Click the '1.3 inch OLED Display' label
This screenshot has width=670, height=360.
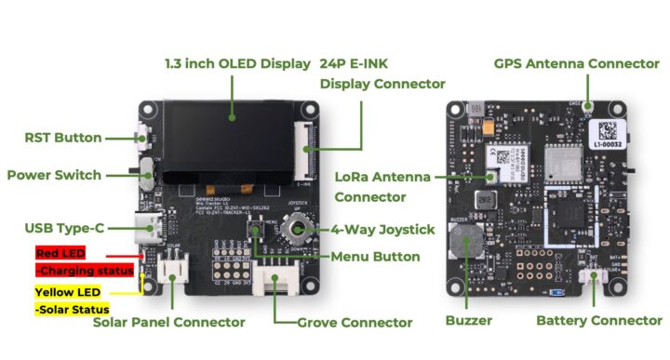coord(236,64)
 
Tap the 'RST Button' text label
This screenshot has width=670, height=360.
coord(63,138)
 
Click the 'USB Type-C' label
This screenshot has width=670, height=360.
coord(64,228)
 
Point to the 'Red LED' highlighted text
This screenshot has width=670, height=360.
coord(60,253)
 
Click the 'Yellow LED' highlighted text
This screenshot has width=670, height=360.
coord(67,290)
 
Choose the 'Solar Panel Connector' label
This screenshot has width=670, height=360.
coord(169,322)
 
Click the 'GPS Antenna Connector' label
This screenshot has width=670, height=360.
coord(577,64)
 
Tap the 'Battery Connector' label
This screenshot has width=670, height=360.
coord(599,320)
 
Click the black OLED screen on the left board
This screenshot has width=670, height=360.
coord(223,142)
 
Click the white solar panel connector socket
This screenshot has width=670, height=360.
coord(170,270)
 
